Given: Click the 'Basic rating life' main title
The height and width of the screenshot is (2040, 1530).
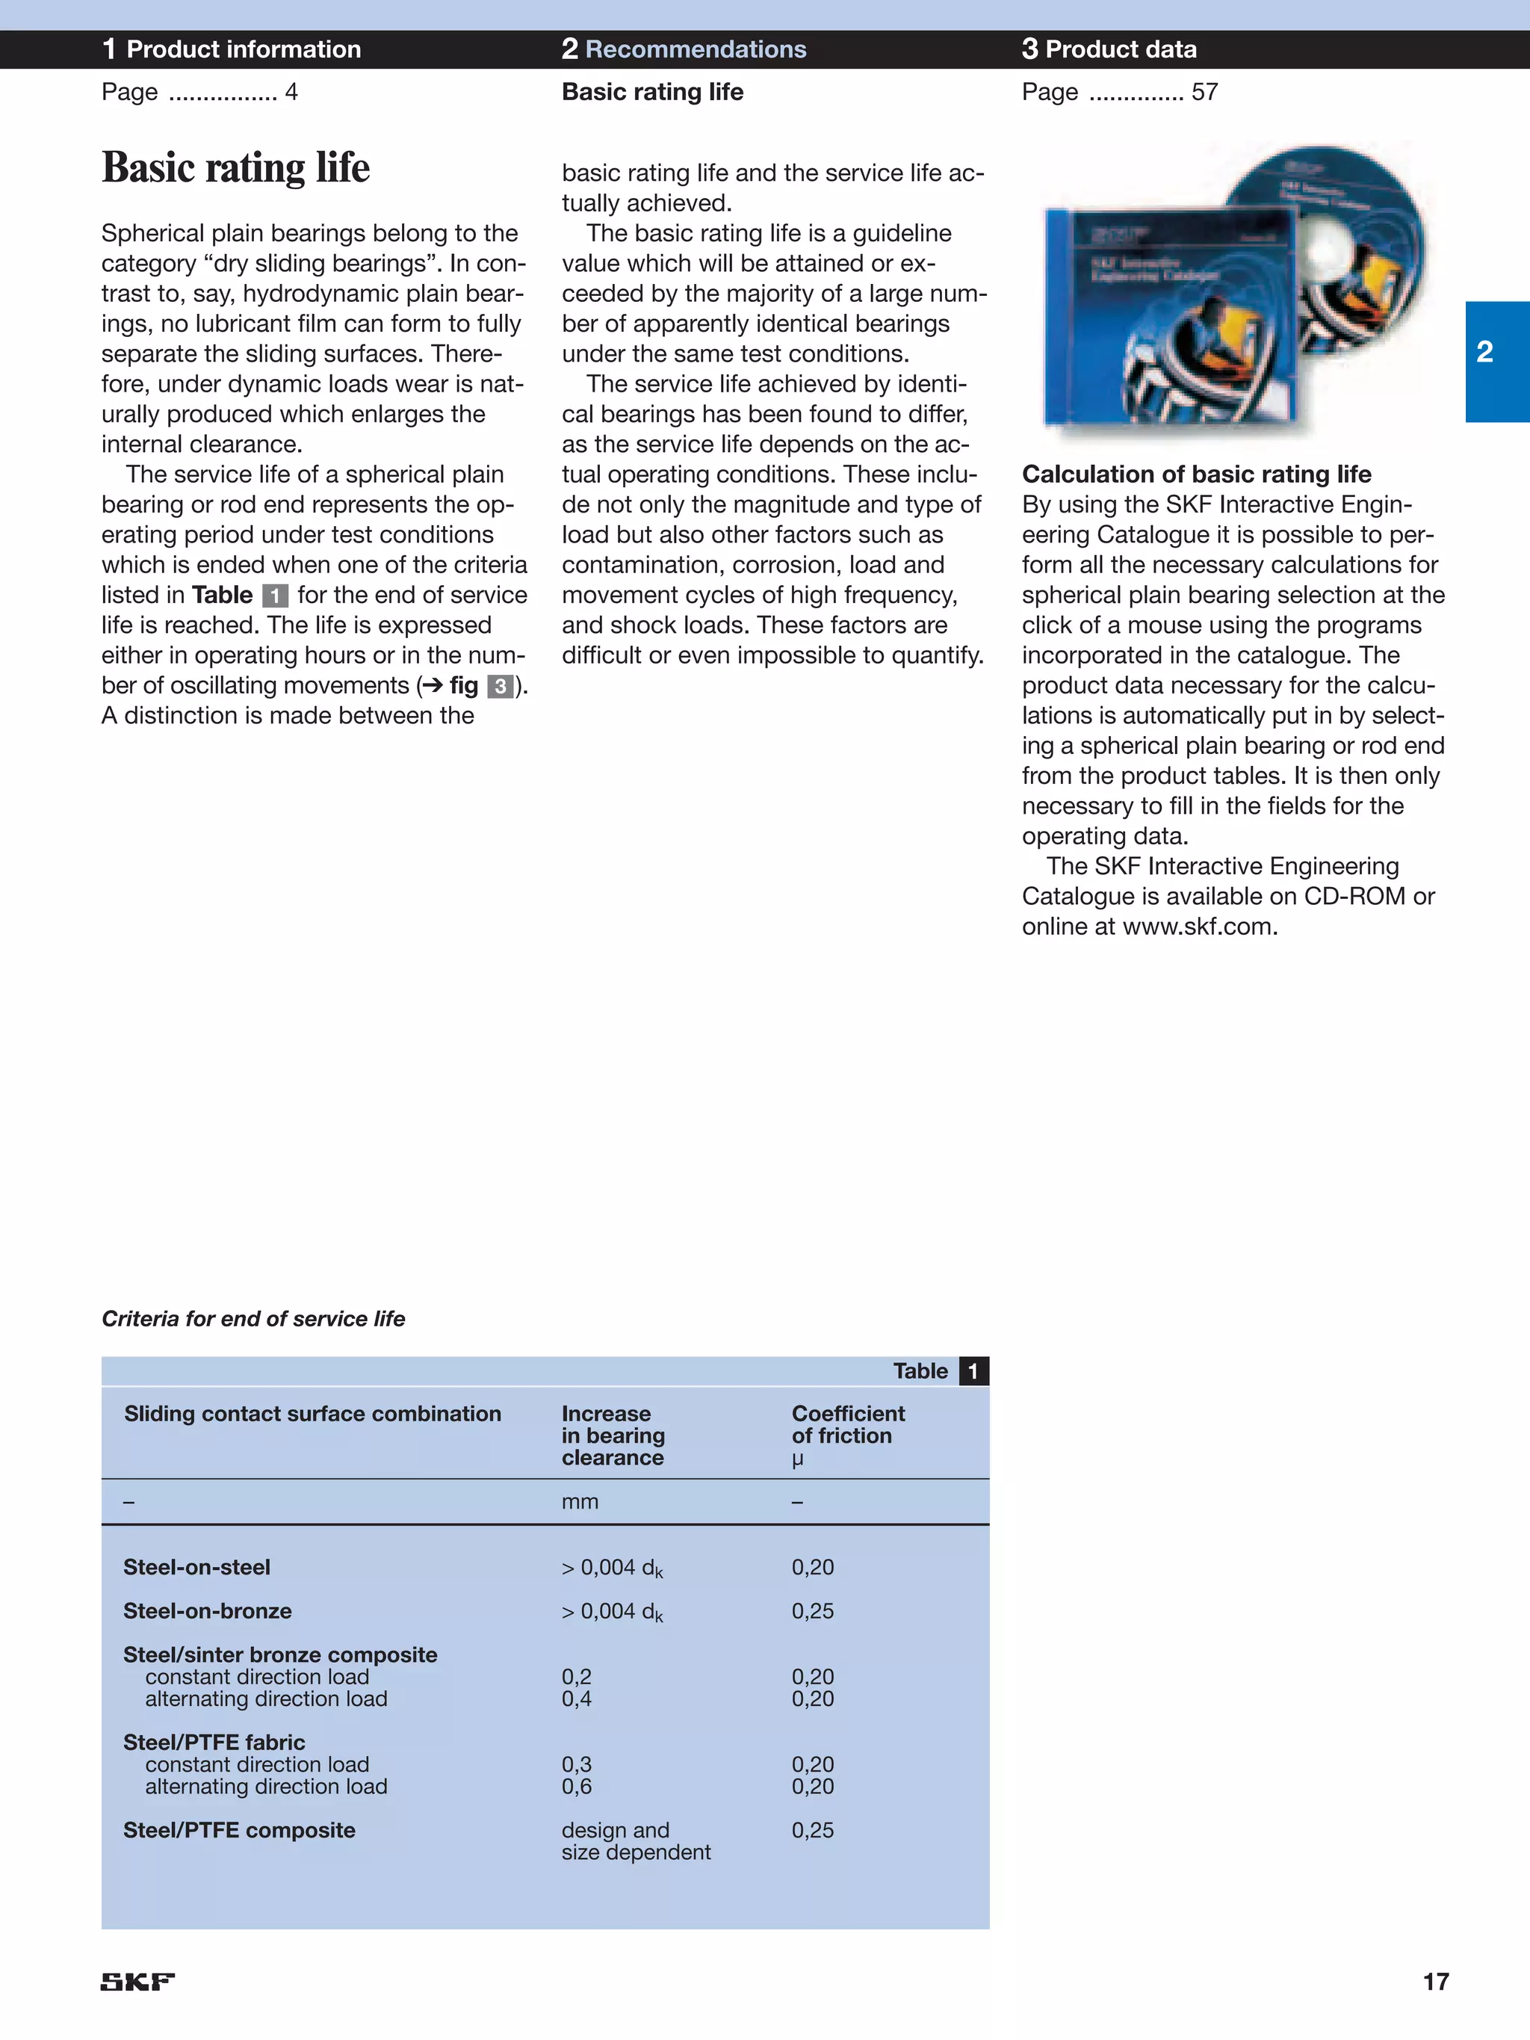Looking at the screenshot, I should [235, 168].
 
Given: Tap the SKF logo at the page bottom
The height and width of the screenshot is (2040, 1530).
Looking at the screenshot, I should [137, 1981].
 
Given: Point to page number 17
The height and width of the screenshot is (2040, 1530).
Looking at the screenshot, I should [1435, 1981].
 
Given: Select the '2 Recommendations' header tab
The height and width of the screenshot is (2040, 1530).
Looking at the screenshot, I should [684, 49].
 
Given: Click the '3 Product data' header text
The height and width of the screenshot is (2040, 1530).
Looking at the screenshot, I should [1109, 49].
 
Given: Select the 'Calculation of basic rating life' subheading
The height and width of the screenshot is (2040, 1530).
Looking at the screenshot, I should [1196, 474].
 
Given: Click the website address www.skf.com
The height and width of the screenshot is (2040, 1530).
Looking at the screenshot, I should [1198, 926].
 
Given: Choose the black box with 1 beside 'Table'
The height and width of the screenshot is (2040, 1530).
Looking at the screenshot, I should [973, 1371].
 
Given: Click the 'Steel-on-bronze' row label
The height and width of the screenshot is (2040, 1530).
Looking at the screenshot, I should [208, 1611].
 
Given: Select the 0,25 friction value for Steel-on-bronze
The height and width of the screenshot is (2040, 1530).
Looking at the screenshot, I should [813, 1611].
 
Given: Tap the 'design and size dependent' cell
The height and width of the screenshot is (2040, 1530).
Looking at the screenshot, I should [636, 1840].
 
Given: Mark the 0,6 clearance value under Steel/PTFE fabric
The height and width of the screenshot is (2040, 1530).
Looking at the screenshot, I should [577, 1787].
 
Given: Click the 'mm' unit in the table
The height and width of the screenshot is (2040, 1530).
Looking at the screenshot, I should [579, 1501].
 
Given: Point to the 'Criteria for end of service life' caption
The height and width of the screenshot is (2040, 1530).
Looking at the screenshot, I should [253, 1319].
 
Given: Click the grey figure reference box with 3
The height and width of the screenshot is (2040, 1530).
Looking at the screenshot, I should [500, 686].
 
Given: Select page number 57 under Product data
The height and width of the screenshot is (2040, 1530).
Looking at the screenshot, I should [1204, 92].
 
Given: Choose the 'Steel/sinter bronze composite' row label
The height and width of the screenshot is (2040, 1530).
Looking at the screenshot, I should [280, 1654].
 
